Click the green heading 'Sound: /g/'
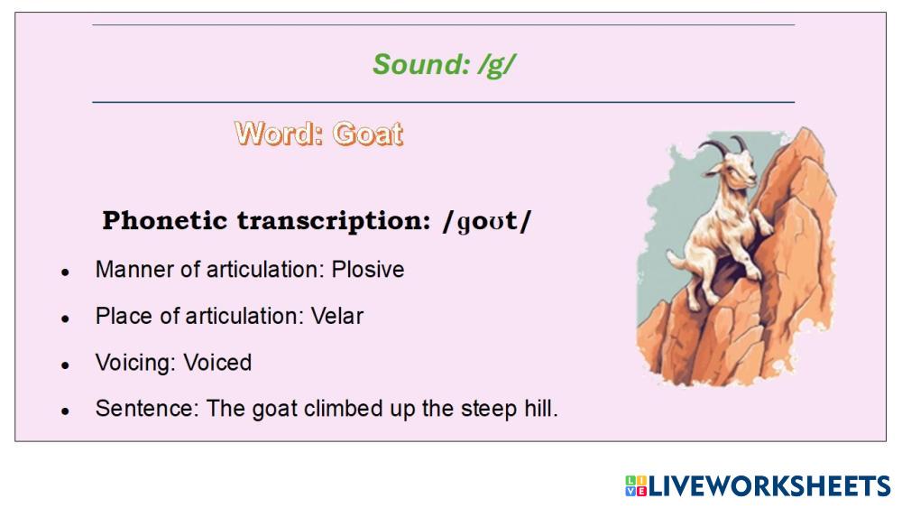coord(444,64)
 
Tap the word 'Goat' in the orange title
coord(368,134)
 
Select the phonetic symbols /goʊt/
coord(487,221)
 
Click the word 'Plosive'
coord(368,269)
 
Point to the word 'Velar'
coord(337,316)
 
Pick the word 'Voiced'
coord(217,363)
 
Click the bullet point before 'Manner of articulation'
coord(66,272)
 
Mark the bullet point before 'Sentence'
coord(66,411)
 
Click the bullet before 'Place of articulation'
coord(66,319)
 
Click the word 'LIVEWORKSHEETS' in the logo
coord(769,486)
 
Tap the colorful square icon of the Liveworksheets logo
coord(636,486)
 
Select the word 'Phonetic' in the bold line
coord(164,220)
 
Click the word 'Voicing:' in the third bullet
coord(136,363)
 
